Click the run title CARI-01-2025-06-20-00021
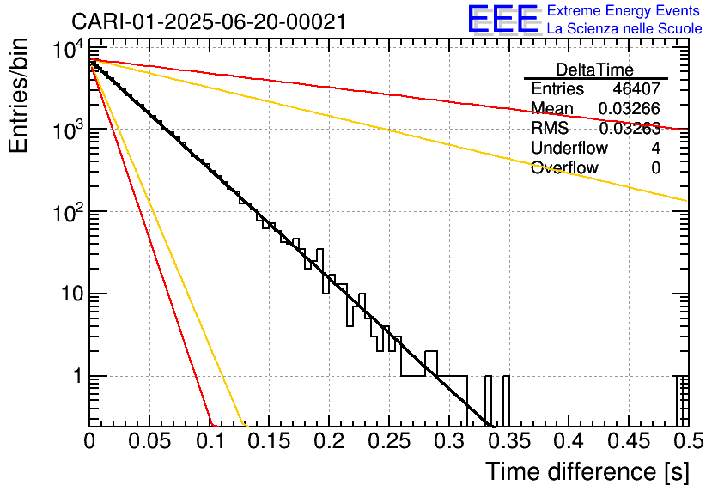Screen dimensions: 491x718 point(209,21)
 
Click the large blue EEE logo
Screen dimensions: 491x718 point(502,19)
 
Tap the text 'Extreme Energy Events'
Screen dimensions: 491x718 point(624,11)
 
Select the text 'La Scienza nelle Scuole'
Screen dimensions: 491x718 point(624,28)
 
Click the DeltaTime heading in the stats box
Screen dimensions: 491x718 point(595,70)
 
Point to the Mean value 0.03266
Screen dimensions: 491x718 point(630,109)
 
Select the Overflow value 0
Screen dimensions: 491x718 point(655,168)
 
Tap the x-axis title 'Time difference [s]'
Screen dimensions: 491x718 point(587,471)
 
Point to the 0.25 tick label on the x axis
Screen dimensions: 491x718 point(388,442)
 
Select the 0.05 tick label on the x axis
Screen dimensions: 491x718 point(149,442)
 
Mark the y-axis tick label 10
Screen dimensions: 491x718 point(68,294)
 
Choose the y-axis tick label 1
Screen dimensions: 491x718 point(76,376)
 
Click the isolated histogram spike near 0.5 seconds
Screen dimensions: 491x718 point(683,400)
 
